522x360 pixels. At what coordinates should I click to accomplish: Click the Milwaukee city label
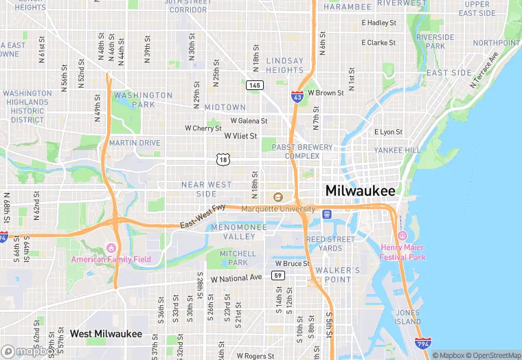coord(361,190)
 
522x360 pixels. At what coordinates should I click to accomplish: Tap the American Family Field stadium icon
coord(112,247)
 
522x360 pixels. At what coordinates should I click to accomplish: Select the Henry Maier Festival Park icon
coord(402,236)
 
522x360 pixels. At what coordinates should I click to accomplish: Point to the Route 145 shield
coord(254,85)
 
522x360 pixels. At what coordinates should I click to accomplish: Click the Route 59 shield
coord(278,275)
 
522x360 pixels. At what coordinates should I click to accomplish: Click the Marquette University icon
coord(278,198)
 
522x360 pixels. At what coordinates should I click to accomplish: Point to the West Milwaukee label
coord(106,334)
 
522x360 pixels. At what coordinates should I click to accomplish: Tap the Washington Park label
coord(144,100)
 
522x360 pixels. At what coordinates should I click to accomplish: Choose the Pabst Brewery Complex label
coord(302,151)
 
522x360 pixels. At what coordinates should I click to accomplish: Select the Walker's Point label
coord(332,274)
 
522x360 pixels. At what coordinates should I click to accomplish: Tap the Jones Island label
coord(408,317)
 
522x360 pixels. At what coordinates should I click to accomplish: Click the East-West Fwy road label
coord(203,216)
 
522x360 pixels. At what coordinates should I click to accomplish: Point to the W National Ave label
coord(236,278)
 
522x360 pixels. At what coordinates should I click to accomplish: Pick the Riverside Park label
coord(435,41)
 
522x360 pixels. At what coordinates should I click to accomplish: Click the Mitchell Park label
coord(238,258)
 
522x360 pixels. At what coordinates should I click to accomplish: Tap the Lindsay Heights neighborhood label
coord(284,65)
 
